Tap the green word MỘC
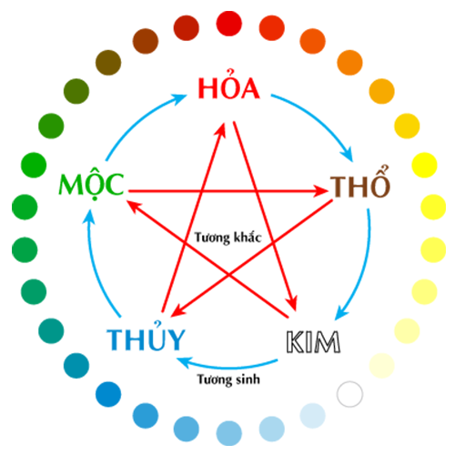pyautogui.click(x=91, y=183)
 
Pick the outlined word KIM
pyautogui.click(x=313, y=342)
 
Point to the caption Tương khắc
pyautogui.click(x=227, y=238)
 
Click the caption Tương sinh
pyautogui.click(x=228, y=379)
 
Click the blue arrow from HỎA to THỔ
pyautogui.click(x=318, y=119)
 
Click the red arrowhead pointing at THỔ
pyautogui.click(x=321, y=191)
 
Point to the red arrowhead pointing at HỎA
pyautogui.click(x=221, y=130)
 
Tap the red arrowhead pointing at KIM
pyautogui.click(x=292, y=302)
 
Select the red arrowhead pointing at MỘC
pyautogui.click(x=133, y=206)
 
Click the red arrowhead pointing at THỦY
pyautogui.click(x=178, y=311)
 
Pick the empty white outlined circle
pyautogui.click(x=349, y=394)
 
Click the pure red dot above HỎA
pyautogui.click(x=229, y=24)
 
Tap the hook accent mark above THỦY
pyautogui.click(x=157, y=324)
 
